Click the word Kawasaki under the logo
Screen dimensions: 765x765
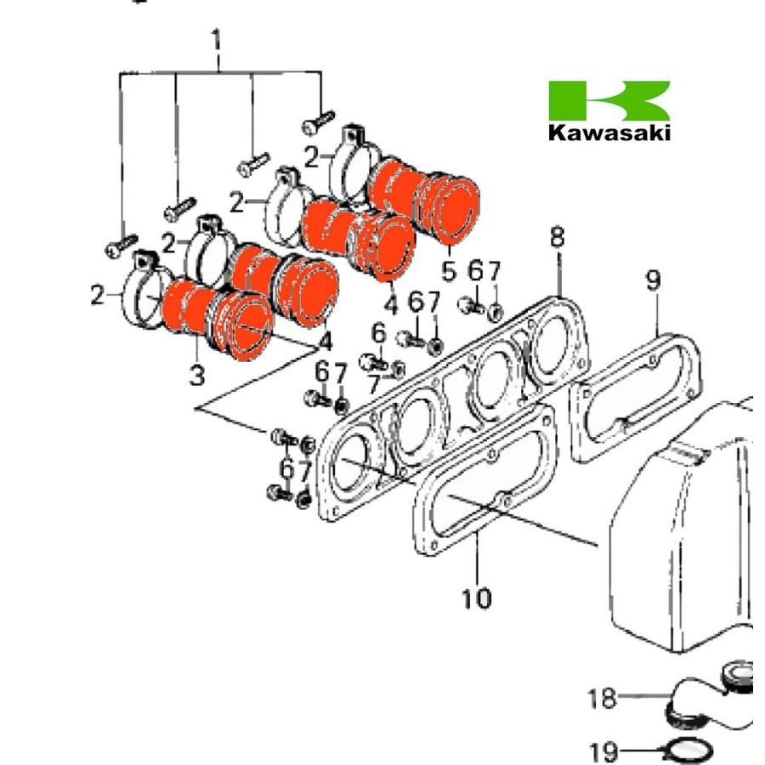click(609, 133)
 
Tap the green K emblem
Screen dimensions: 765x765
click(609, 100)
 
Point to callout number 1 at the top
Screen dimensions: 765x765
click(218, 39)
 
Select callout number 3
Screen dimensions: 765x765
click(197, 374)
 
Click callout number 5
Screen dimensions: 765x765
click(449, 273)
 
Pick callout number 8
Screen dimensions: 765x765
click(557, 237)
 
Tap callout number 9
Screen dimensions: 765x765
click(653, 280)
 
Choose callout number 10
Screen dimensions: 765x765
click(477, 598)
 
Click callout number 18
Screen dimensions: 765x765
click(601, 700)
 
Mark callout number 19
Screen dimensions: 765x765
click(602, 751)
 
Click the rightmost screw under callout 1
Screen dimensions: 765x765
click(314, 124)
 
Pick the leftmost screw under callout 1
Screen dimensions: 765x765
click(116, 247)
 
